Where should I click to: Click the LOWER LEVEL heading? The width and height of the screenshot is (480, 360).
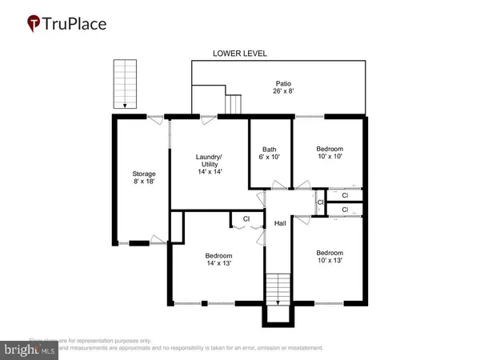click(x=239, y=54)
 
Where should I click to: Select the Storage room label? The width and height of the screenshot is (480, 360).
click(x=143, y=174)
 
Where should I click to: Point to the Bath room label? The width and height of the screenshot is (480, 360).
click(x=270, y=150)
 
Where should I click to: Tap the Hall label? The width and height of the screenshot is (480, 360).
click(x=280, y=224)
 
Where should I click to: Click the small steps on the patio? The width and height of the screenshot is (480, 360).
click(x=234, y=104)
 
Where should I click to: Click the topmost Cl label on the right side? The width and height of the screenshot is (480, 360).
click(x=345, y=194)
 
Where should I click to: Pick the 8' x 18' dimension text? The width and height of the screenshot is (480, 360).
click(x=143, y=182)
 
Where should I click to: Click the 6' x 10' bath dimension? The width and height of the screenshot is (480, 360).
click(x=270, y=158)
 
